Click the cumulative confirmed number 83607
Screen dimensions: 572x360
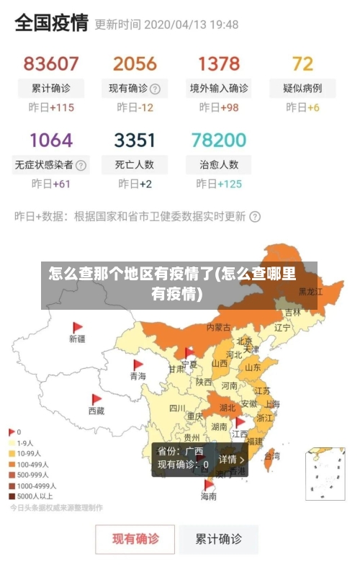(x=51, y=63)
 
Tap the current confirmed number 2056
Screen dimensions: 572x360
(x=135, y=63)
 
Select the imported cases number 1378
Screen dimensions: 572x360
(x=219, y=63)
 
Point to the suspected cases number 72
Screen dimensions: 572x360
(x=302, y=63)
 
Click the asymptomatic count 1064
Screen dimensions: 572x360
(x=51, y=139)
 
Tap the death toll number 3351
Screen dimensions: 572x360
(x=135, y=139)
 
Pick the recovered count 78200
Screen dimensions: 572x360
(x=219, y=139)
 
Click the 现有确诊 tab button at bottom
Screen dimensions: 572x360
(x=135, y=538)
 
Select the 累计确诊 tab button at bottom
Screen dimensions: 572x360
(x=220, y=538)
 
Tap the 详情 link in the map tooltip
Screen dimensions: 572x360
(x=231, y=459)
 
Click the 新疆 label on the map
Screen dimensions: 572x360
(x=77, y=338)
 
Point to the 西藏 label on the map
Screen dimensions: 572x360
(x=96, y=411)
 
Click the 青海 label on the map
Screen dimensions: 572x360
(x=138, y=376)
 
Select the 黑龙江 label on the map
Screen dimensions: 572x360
(x=310, y=292)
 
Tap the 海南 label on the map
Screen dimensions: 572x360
(x=208, y=496)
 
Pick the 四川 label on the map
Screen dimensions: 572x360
(x=177, y=408)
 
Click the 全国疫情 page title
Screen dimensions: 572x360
(x=51, y=23)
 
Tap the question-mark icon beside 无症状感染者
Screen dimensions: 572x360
(x=81, y=164)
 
